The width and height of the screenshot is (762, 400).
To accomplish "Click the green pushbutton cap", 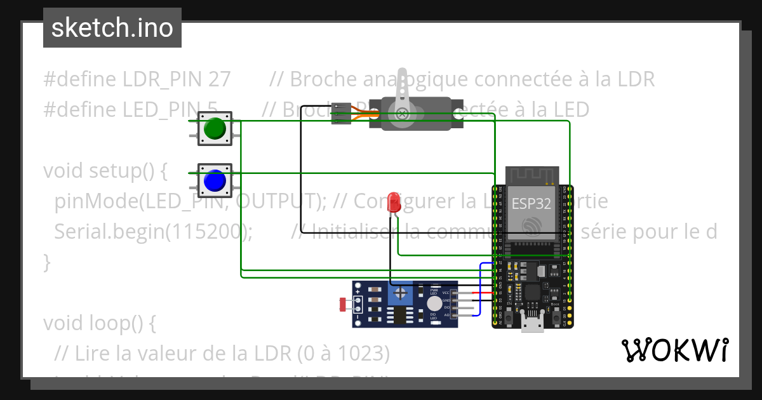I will pyautogui.click(x=215, y=129).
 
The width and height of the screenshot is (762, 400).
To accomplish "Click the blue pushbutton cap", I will pyautogui.click(x=215, y=181).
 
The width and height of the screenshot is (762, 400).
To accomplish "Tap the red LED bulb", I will pyautogui.click(x=394, y=202).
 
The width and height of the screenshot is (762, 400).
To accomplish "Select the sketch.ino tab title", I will pyautogui.click(x=112, y=28).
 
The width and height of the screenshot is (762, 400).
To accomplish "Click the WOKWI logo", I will pyautogui.click(x=674, y=350).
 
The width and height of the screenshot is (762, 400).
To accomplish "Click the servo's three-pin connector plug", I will pyautogui.click(x=342, y=113).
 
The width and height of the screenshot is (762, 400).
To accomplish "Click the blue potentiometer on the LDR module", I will pyautogui.click(x=401, y=293).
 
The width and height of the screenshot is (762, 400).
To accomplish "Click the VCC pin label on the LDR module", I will pyautogui.click(x=446, y=293).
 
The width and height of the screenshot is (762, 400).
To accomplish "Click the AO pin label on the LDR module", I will pyautogui.click(x=446, y=314).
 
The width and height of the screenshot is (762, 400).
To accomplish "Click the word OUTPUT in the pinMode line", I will pyautogui.click(x=275, y=201).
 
